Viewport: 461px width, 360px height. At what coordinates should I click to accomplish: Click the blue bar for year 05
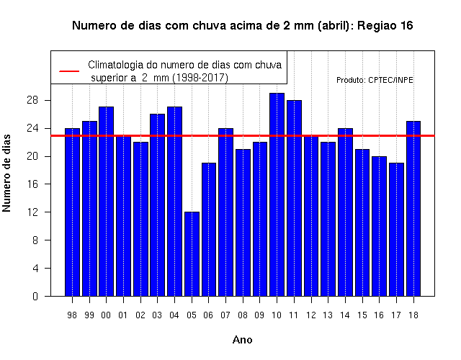(x=192, y=254)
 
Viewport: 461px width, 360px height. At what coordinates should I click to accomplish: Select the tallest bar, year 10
(x=277, y=194)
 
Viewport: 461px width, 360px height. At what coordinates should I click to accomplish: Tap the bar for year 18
(x=413, y=209)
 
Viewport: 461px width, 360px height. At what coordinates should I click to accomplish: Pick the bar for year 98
(x=72, y=212)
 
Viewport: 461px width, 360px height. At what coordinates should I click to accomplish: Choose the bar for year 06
(x=209, y=230)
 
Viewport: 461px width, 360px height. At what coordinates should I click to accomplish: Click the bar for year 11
(x=294, y=198)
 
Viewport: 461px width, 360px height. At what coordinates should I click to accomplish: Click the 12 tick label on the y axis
(x=32, y=212)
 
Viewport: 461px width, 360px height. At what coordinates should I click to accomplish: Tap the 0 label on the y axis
(x=35, y=296)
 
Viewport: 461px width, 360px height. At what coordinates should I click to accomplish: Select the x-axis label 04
(x=174, y=315)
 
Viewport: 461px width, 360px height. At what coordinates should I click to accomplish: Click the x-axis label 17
(x=396, y=315)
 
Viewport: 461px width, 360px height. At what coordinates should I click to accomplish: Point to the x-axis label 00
(x=106, y=315)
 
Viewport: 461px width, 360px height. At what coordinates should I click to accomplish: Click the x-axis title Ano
(x=243, y=340)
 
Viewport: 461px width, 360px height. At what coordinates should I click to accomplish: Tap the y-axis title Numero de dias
(x=6, y=173)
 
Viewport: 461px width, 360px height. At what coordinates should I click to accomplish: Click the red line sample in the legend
(x=69, y=71)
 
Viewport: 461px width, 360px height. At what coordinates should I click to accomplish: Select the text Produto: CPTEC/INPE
(x=375, y=80)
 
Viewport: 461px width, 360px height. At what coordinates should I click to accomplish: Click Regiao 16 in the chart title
(x=385, y=26)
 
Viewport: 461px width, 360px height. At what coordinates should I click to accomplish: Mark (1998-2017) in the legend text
(x=200, y=78)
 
